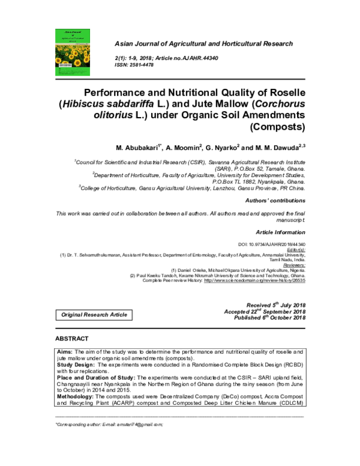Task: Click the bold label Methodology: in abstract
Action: click(77, 397)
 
